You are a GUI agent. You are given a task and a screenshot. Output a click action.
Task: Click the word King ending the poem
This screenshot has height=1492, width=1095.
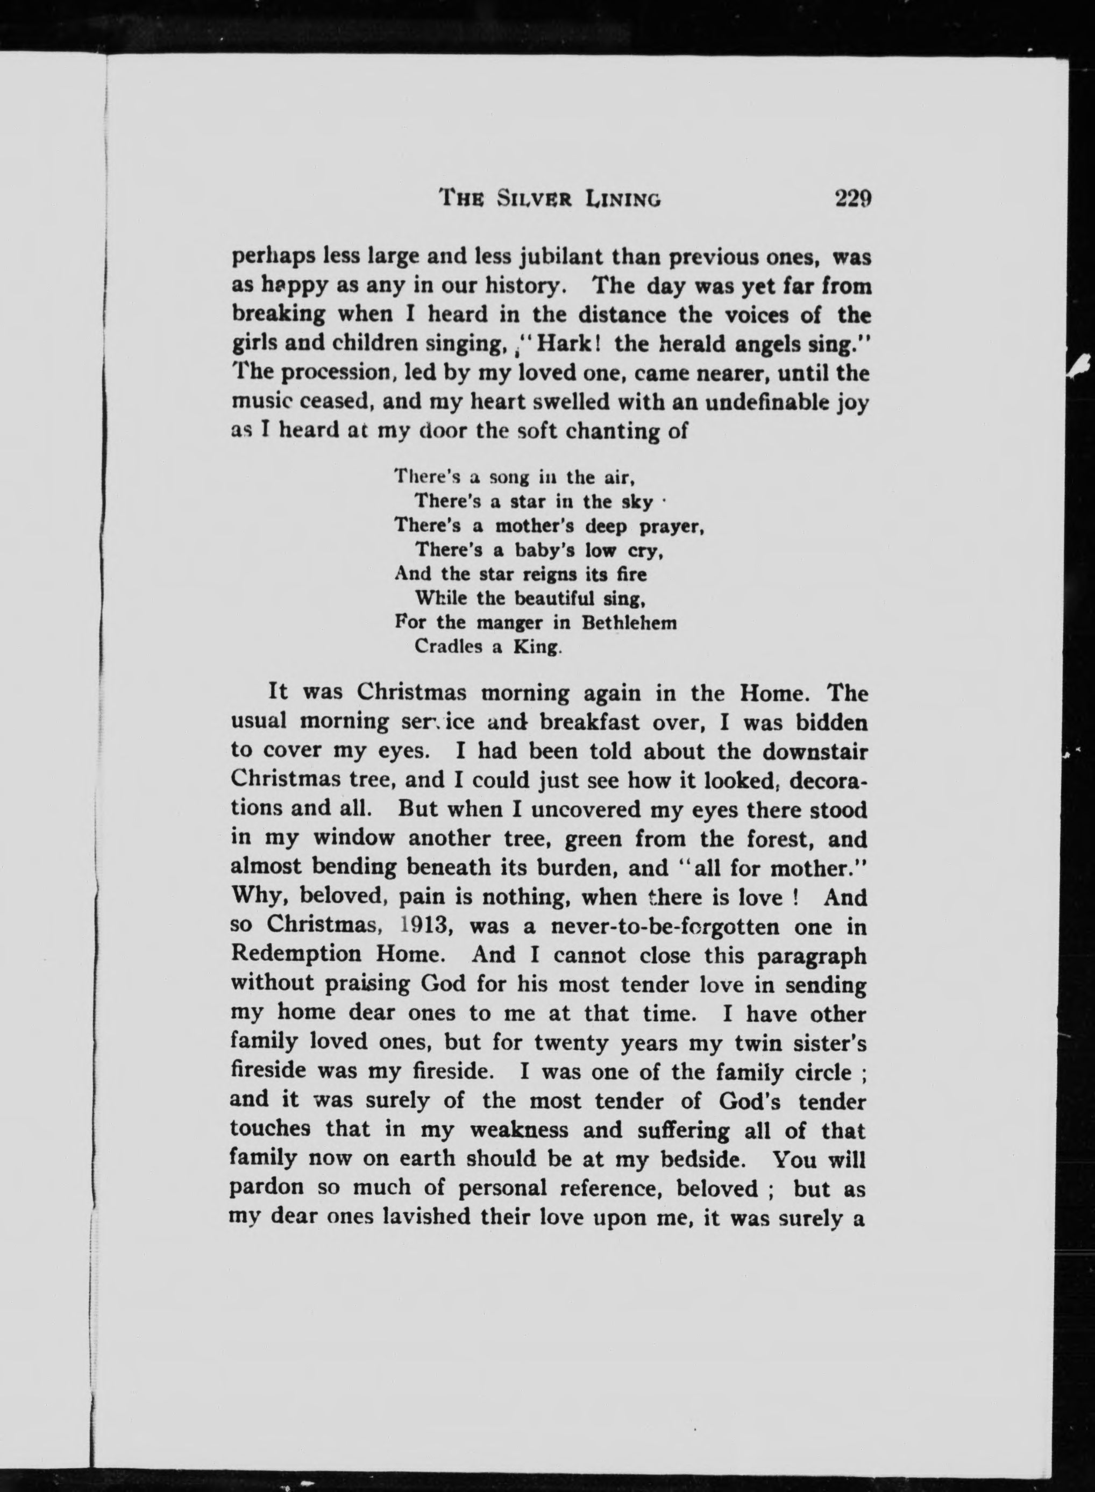pos(538,647)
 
